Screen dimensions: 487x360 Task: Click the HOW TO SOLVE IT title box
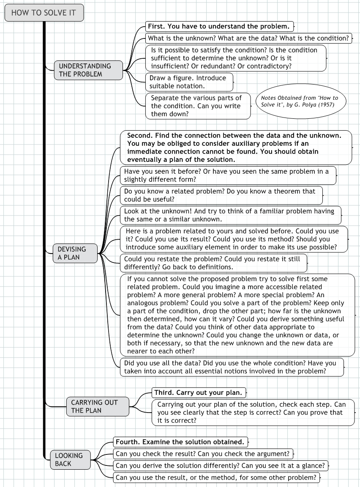[x=44, y=13]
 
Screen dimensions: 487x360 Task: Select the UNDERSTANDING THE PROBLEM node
[x=88, y=70]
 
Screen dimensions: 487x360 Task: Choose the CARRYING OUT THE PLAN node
[x=98, y=406]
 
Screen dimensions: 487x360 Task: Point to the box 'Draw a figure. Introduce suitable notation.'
[x=189, y=82]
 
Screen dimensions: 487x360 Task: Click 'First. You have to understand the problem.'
[x=219, y=26]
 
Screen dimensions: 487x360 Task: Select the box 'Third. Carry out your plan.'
[x=199, y=392]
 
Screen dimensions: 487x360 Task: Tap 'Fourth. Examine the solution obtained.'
[x=180, y=442]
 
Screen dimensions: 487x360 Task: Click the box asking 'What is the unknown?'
[x=248, y=38]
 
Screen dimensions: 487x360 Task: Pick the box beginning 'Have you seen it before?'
[x=228, y=175]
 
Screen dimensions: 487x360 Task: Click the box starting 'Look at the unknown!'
[x=230, y=215]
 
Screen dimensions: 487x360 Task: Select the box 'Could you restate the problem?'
[x=213, y=263]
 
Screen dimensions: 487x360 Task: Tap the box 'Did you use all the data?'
[x=232, y=367]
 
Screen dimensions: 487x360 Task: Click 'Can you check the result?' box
[x=203, y=454]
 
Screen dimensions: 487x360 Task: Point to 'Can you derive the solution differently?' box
[x=220, y=466]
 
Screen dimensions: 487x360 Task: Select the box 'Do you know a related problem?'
[x=221, y=195]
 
